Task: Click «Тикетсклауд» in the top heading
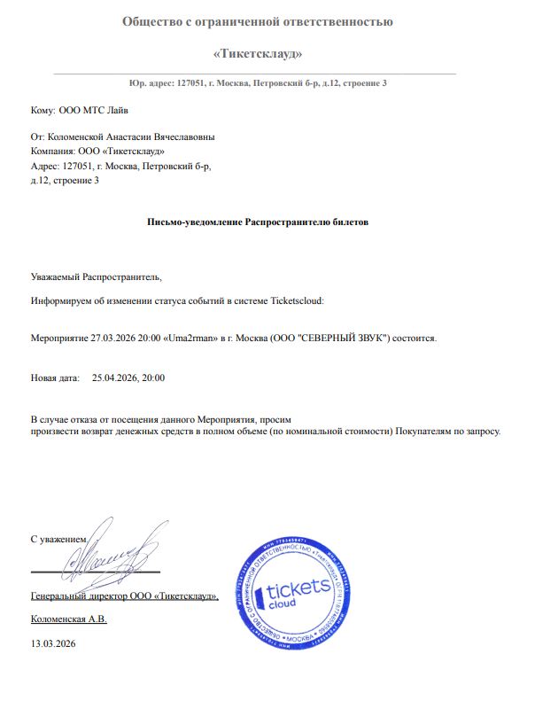click(x=258, y=54)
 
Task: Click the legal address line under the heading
click(x=257, y=82)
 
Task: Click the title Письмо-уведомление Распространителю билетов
click(x=257, y=222)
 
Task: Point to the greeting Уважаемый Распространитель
click(x=96, y=277)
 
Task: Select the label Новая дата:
click(x=56, y=378)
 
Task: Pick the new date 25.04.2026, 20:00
click(x=128, y=378)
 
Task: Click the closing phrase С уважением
click(x=58, y=539)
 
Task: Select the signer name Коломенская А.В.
click(x=68, y=619)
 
